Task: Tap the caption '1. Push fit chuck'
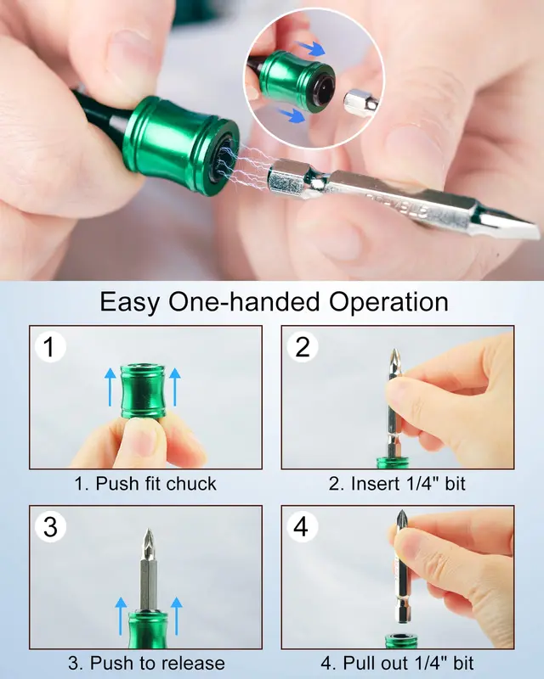point(145,484)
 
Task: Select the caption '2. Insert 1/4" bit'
point(397,484)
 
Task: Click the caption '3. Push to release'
point(145,663)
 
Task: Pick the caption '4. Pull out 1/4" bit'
point(397,663)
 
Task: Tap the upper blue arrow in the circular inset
point(315,49)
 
